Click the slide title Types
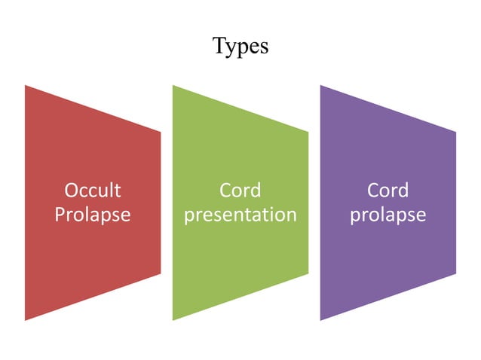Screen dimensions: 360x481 coord(240,46)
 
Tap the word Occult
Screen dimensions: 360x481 coord(93,190)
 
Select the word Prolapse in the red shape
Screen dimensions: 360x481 coord(93,215)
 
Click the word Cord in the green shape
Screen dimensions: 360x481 coord(240,190)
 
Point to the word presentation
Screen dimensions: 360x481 coord(240,215)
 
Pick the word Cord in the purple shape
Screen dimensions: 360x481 coord(388,190)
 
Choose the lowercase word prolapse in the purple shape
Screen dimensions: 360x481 coord(388,215)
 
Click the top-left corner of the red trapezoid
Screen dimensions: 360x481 coord(25,85)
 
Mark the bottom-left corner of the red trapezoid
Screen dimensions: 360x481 coord(25,320)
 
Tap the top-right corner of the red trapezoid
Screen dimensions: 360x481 coord(161,133)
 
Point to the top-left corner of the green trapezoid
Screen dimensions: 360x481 coord(173,85)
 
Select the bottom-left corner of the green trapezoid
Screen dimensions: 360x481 coord(173,320)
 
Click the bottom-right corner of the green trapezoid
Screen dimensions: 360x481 coord(308,273)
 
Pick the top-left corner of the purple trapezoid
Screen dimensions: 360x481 coord(320,85)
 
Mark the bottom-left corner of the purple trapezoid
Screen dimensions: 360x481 coord(320,320)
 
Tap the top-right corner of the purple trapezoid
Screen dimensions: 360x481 coord(456,133)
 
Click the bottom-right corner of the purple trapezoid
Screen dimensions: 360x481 coord(456,273)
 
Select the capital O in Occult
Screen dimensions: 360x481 coord(72,190)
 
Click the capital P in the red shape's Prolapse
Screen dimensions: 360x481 coord(60,215)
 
